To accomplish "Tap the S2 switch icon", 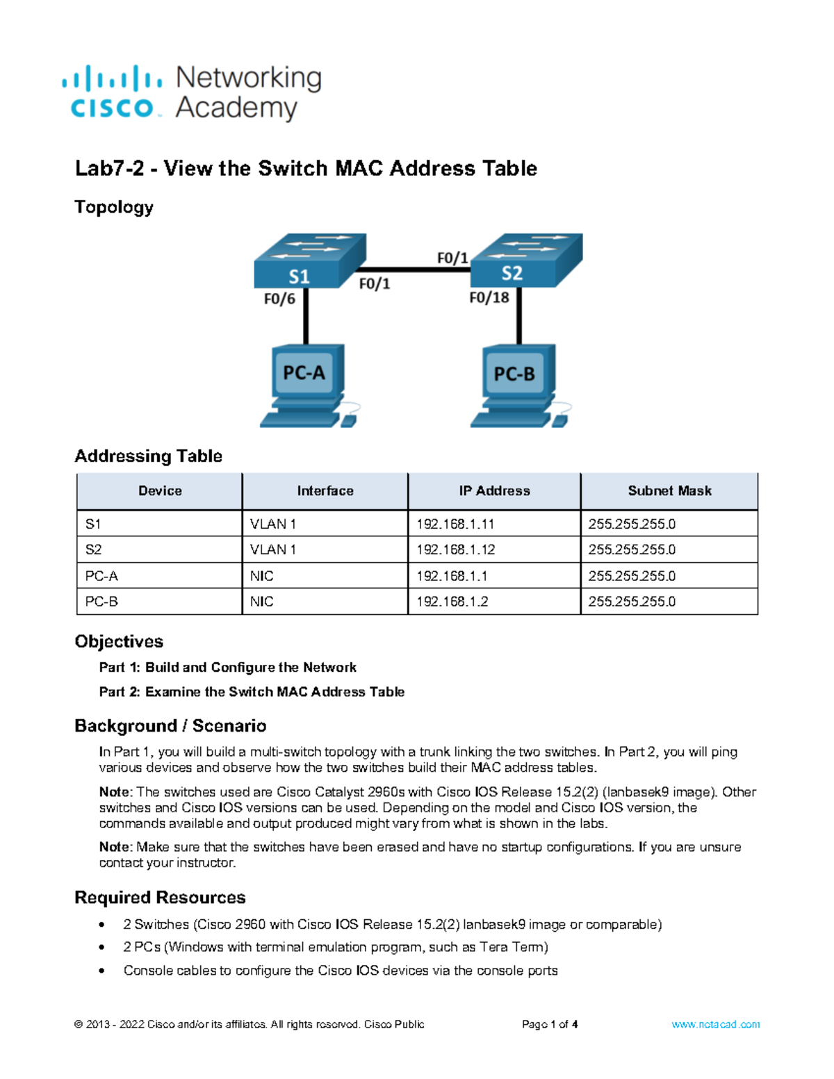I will click(x=526, y=261).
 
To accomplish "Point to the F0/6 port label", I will click(x=279, y=299).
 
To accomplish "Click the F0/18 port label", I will click(x=489, y=298).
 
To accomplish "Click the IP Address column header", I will click(x=494, y=491).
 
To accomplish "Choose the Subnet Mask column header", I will click(x=669, y=491).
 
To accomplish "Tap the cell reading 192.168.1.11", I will click(x=455, y=525).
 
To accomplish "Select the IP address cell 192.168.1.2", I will click(x=452, y=602).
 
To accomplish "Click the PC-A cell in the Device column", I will click(x=101, y=576).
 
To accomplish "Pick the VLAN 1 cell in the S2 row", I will click(x=273, y=550).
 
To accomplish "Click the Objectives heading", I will click(x=119, y=641).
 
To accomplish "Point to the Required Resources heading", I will click(x=160, y=898).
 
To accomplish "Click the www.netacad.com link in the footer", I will click(x=715, y=1025).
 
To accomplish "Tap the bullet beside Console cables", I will click(x=102, y=971).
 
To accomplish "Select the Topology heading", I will click(x=114, y=207).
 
